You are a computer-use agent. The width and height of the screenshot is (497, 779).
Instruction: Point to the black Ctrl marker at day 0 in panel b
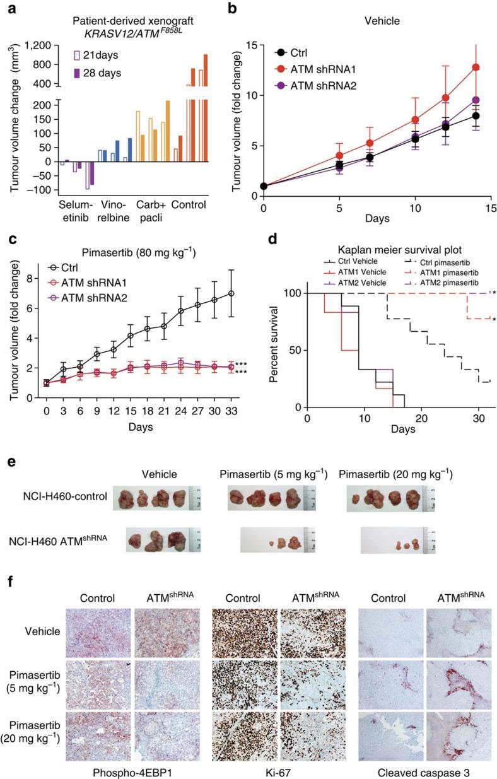pos(264,186)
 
